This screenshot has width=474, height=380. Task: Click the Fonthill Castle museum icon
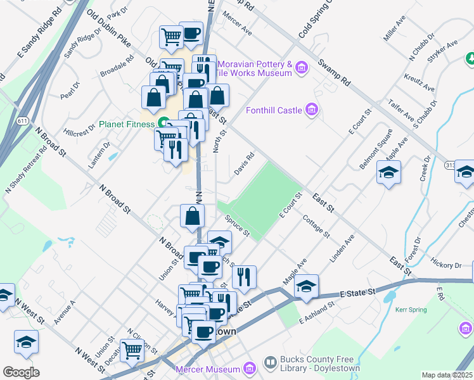[311, 110]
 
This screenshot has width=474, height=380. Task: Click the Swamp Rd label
[335, 72]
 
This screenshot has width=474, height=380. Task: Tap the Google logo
[21, 372]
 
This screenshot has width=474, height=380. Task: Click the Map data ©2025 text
[446, 375]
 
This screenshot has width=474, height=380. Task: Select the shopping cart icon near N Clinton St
[132, 348]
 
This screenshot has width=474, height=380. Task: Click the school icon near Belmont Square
[388, 172]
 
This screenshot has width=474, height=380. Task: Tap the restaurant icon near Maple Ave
[243, 276]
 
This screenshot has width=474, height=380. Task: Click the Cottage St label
[316, 226]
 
